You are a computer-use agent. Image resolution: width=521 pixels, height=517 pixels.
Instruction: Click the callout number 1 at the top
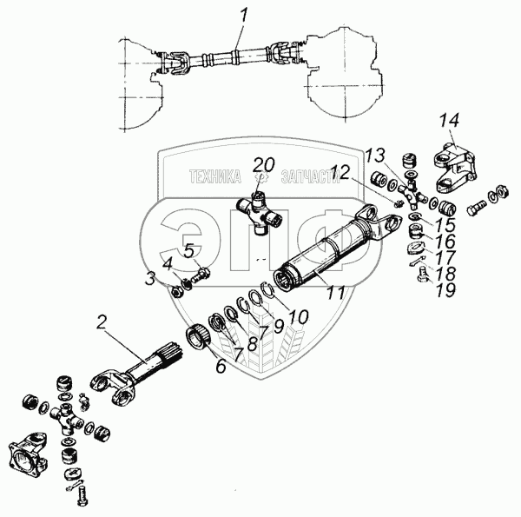244,16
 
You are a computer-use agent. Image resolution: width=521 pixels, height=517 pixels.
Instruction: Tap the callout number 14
449,121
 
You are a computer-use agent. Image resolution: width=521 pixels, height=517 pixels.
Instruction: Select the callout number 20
264,164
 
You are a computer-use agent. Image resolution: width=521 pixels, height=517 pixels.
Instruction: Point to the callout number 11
335,293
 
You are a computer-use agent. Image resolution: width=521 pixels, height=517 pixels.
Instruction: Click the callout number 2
102,321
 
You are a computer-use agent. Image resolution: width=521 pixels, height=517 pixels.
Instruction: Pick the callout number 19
446,290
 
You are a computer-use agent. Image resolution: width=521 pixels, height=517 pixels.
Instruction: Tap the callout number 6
221,366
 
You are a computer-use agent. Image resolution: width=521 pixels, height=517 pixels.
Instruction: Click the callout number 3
150,279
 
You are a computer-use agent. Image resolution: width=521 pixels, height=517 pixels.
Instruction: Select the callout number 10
299,317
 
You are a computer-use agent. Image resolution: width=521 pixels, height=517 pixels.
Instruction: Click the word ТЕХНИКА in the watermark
215,176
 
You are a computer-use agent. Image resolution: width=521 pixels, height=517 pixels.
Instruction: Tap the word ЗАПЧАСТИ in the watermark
310,176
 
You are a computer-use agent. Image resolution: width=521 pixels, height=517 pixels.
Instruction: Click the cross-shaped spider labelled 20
259,213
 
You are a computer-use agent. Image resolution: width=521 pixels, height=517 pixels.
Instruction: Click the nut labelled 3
175,292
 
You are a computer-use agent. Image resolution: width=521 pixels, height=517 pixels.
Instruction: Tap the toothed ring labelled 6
198,336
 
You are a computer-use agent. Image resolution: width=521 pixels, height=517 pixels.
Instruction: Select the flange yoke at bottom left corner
28,452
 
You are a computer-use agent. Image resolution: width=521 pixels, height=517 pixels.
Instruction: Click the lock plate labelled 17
415,249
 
